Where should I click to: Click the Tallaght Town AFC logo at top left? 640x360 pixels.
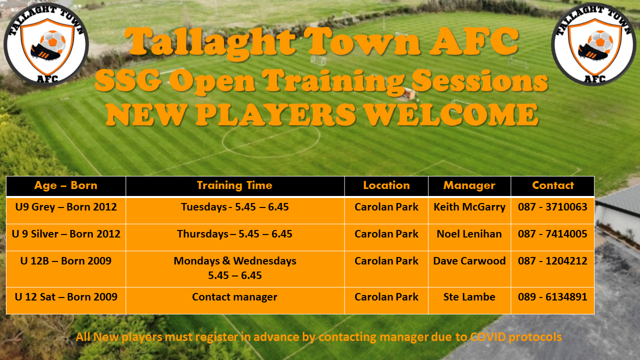click(x=46, y=44)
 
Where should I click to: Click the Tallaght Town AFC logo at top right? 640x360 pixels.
click(x=593, y=44)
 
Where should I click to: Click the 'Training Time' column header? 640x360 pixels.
click(x=234, y=185)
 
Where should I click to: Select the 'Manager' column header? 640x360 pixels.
click(x=469, y=185)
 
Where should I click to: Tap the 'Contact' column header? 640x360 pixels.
click(x=552, y=185)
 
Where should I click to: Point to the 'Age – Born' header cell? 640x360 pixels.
click(x=65, y=185)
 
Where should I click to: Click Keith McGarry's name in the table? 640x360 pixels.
click(x=469, y=207)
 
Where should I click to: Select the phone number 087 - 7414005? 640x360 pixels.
click(x=552, y=234)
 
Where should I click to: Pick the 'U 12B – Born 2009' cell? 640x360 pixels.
click(x=65, y=261)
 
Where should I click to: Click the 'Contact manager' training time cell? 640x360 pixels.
click(x=234, y=297)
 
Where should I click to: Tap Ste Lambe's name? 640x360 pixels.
click(x=469, y=297)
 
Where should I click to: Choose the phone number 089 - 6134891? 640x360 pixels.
click(x=552, y=297)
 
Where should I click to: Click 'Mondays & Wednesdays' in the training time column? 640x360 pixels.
click(x=234, y=261)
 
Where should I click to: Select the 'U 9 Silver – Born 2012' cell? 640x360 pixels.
click(x=65, y=234)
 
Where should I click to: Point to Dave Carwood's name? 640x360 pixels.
click(x=469, y=261)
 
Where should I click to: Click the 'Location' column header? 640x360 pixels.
click(x=386, y=185)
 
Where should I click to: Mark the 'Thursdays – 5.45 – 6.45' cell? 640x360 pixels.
click(x=234, y=234)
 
